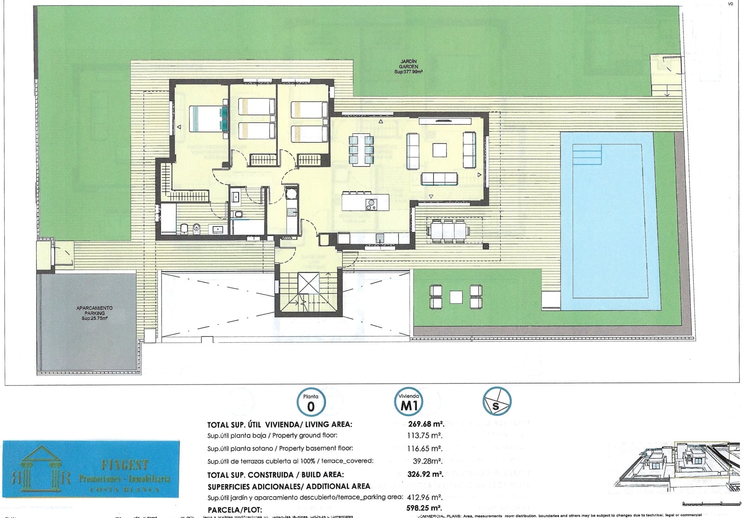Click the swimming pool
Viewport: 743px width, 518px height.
611,223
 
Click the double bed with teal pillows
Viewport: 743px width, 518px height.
209,119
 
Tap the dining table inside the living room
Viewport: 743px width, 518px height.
361,150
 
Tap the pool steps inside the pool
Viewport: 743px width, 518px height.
587,154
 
